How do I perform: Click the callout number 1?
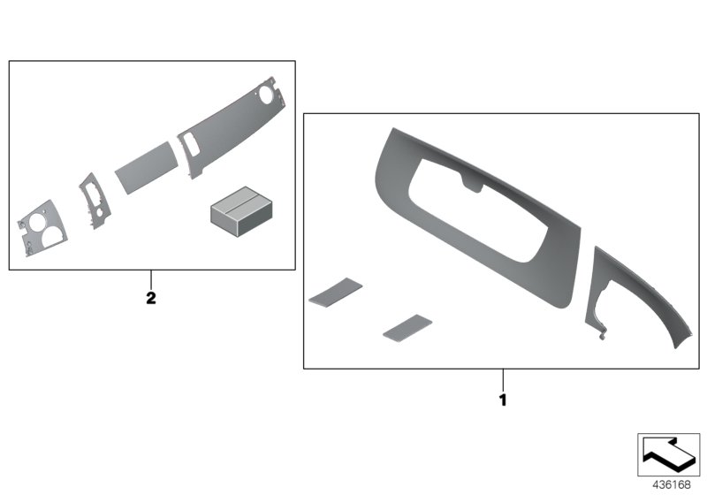[503, 400]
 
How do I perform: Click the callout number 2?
[151, 298]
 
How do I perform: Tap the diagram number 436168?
[672, 484]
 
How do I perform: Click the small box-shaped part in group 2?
[241, 211]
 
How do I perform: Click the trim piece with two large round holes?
[42, 228]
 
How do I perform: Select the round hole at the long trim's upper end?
[266, 95]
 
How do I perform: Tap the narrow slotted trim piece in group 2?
[95, 201]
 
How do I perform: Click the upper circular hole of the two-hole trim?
[37, 223]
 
